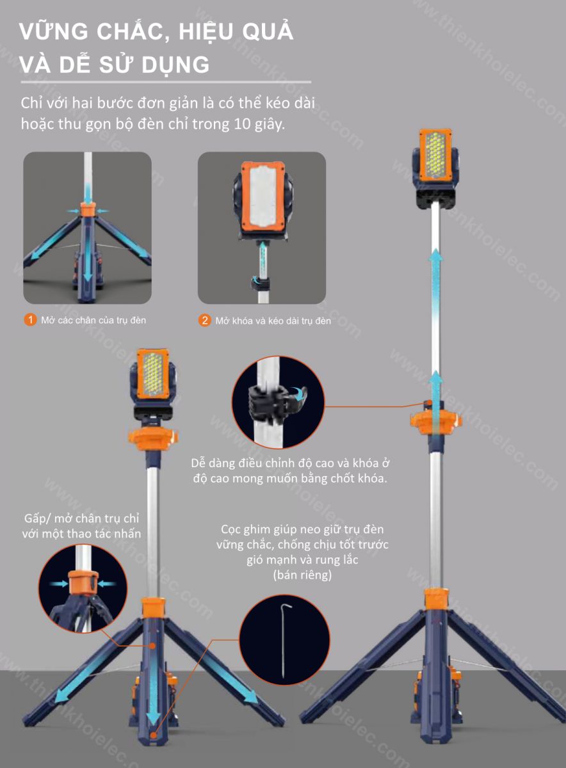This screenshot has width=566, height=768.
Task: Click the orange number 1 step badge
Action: coord(30,320)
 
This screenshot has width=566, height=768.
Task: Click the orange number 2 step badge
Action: coord(204,321)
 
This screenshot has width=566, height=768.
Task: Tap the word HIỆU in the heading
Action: coord(205,31)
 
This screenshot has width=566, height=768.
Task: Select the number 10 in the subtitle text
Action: coord(242,124)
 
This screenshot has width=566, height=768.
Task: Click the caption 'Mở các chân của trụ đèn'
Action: coord(93,320)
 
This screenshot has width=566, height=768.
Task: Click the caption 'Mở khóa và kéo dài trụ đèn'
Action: coord(273,321)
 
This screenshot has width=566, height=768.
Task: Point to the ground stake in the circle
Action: coord(284,641)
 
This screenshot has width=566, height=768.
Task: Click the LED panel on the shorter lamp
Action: coord(153,375)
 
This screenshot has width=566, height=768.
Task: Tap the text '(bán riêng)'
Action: coord(303,575)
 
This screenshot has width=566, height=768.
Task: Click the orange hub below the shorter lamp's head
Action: coord(153,438)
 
